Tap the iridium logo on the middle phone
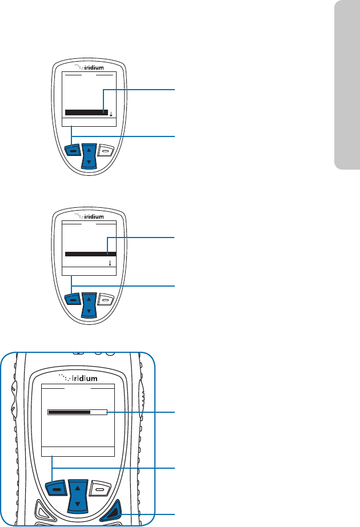(x=91, y=216)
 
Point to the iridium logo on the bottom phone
(x=79, y=377)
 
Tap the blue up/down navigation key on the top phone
(x=87, y=155)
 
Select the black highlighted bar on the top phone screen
(x=86, y=112)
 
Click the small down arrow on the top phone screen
(x=111, y=114)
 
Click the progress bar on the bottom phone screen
(x=77, y=412)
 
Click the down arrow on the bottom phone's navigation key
(x=77, y=504)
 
